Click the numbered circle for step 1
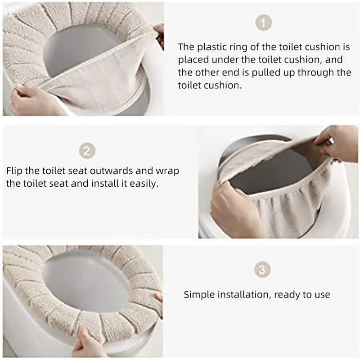(263, 23)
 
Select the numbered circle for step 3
(263, 270)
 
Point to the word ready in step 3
(287, 295)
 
